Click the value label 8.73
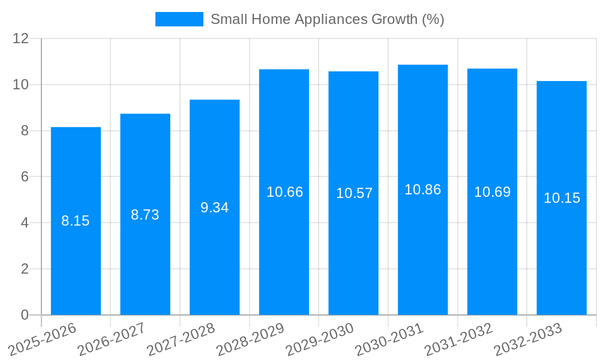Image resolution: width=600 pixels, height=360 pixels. tap(145, 215)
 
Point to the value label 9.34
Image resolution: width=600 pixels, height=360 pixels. tap(214, 208)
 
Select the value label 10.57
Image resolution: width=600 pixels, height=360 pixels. tap(354, 193)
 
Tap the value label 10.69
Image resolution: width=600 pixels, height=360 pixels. tap(492, 192)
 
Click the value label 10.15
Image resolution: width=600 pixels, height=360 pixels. tap(562, 198)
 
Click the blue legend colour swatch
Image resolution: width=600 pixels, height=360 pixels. tap(179, 19)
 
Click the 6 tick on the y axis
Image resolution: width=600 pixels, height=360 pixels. tap(25, 177)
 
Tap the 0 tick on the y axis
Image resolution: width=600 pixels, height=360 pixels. tap(25, 315)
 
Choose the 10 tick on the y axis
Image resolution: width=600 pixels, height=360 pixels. tap(21, 85)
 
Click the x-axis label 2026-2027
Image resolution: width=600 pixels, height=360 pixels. tap(112, 339)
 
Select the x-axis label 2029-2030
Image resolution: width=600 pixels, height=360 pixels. tap(320, 339)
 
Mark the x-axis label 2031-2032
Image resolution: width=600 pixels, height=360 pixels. tap(459, 339)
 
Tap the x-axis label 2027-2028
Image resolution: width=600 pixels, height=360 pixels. tap(181, 339)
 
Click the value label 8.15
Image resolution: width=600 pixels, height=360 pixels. tap(76, 221)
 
